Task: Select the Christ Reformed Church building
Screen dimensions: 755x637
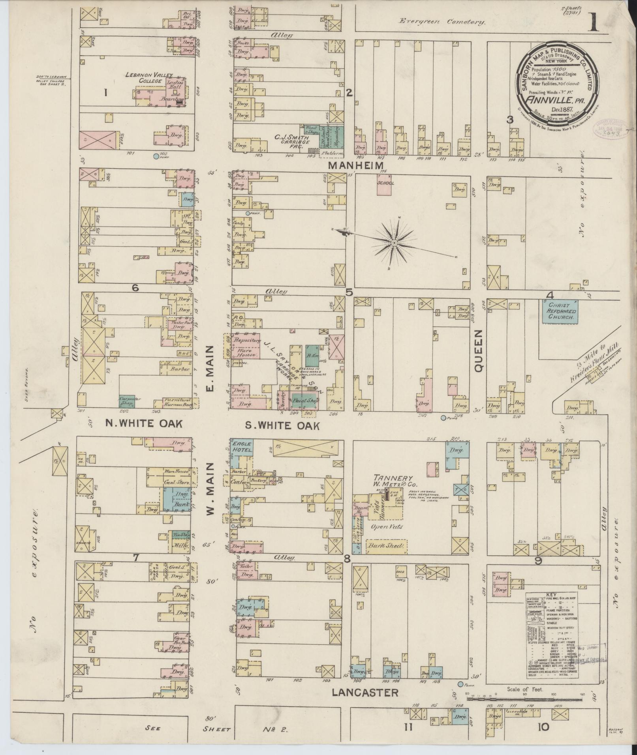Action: click(560, 311)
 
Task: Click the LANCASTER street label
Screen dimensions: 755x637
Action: click(365, 703)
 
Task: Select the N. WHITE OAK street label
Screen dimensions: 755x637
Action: click(144, 424)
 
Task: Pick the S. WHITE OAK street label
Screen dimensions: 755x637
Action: click(282, 426)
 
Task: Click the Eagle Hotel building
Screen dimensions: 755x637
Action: click(242, 447)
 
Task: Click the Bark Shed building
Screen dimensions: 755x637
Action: click(386, 546)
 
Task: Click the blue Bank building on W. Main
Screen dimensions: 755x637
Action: click(181, 505)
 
